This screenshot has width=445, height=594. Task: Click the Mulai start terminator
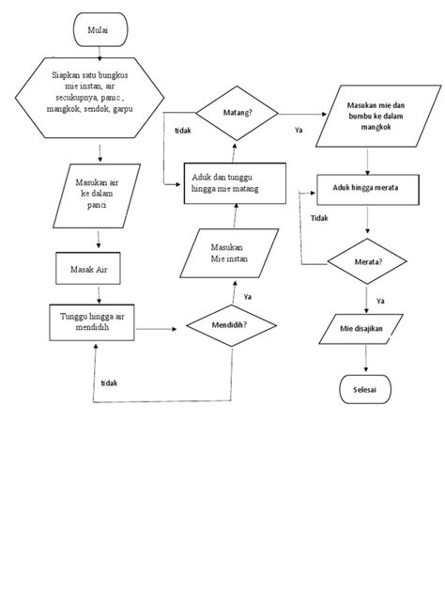[x=97, y=30]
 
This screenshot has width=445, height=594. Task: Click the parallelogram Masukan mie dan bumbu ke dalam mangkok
[x=379, y=115]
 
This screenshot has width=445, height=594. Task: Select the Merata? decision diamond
[x=367, y=261]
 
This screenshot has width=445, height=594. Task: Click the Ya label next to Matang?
[x=298, y=130]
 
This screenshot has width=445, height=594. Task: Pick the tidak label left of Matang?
[x=184, y=130]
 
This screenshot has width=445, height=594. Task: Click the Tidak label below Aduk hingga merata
[x=318, y=217]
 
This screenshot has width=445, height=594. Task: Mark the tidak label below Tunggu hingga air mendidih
[x=111, y=383]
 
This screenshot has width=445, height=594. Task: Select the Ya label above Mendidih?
[x=247, y=296]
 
